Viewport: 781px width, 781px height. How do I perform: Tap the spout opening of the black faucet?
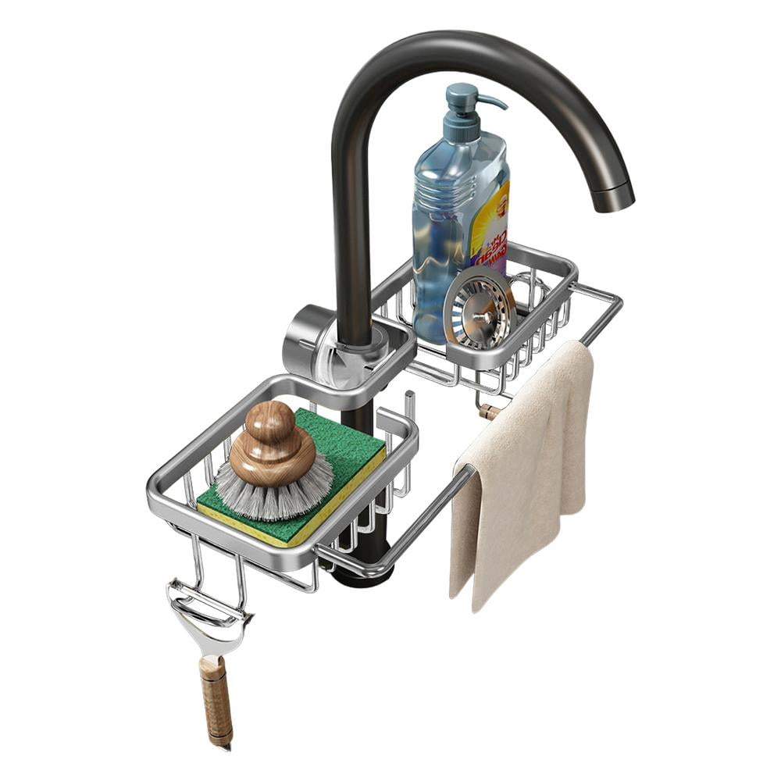[613, 199]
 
